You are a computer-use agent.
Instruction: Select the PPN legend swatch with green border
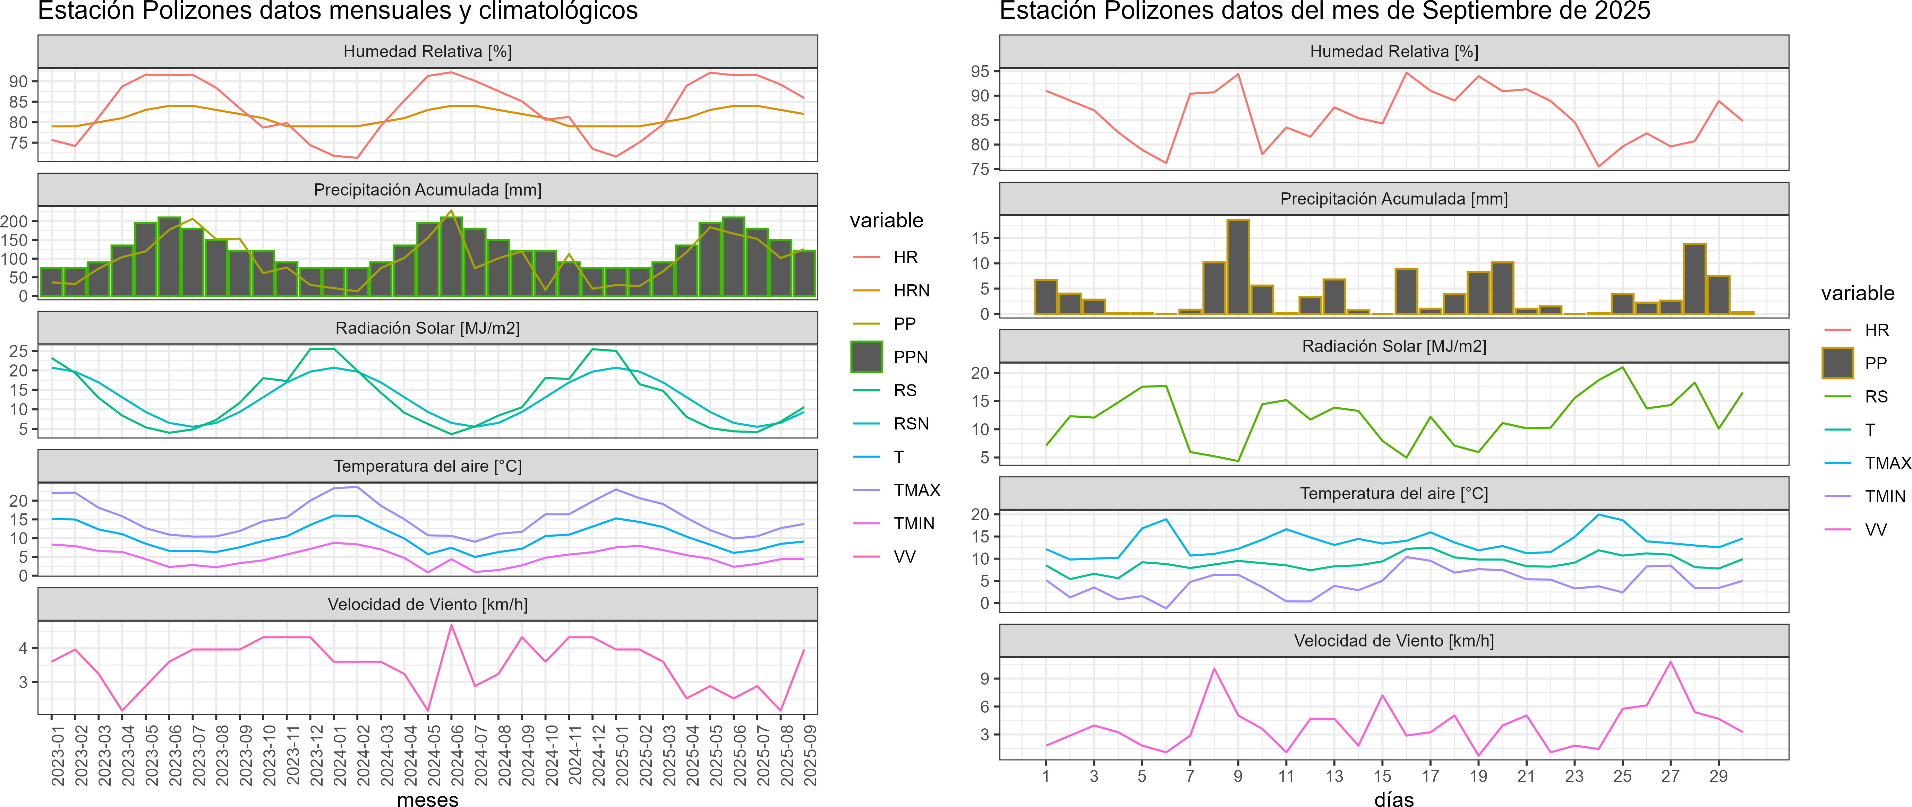[x=866, y=357]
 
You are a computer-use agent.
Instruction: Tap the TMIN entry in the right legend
[x=1885, y=496]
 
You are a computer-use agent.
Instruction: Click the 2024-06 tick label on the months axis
[x=457, y=755]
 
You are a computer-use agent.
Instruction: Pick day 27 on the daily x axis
[x=1670, y=776]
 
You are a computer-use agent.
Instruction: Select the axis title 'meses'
[x=427, y=799]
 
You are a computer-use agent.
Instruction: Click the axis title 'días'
[x=1394, y=799]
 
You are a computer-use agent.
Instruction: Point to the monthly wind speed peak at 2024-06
[x=451, y=625]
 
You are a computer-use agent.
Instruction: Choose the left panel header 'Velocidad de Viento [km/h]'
[x=427, y=605]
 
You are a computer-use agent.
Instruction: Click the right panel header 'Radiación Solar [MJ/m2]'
[x=1394, y=346]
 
